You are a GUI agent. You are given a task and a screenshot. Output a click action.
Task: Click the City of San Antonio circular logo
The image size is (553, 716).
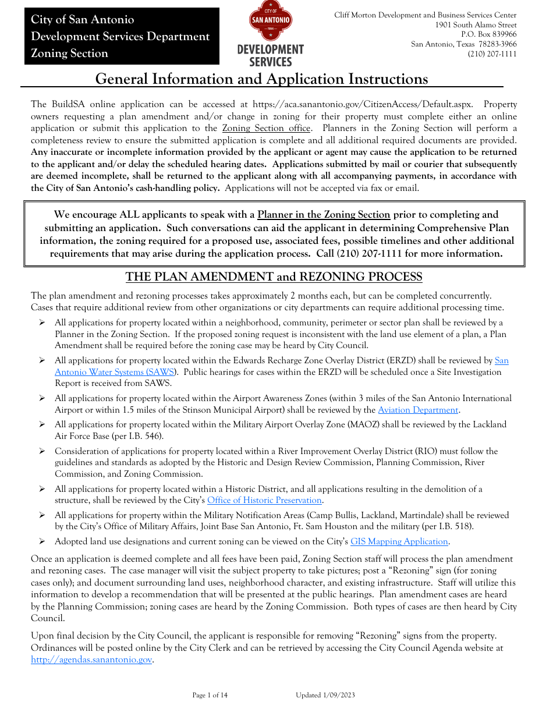(270, 22)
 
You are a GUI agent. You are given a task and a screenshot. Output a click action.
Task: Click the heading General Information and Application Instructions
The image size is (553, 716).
(261, 79)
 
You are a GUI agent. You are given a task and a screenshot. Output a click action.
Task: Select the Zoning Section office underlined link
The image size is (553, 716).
(266, 128)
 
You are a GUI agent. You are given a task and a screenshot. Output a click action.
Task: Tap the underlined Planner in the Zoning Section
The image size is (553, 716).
(324, 214)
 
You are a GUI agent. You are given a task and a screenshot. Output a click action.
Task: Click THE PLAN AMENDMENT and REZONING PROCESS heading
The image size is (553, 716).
(274, 277)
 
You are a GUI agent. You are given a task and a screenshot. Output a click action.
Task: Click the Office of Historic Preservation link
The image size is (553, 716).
(265, 500)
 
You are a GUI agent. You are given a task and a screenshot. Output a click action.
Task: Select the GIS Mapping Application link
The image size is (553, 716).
(399, 541)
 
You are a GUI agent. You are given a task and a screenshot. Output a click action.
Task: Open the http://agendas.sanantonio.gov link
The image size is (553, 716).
(91, 660)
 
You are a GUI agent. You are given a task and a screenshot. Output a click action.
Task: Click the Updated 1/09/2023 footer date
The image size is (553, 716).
(325, 695)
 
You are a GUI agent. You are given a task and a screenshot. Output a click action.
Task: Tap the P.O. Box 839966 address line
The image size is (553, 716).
(488, 34)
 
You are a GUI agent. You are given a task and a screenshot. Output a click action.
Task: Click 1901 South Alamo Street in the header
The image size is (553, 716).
(476, 25)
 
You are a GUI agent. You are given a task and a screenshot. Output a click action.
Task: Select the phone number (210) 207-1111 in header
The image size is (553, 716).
(492, 54)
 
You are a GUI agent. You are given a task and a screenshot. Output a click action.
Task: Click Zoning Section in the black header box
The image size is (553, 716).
(69, 54)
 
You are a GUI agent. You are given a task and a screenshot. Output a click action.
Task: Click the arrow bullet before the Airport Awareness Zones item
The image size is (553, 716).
(42, 399)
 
